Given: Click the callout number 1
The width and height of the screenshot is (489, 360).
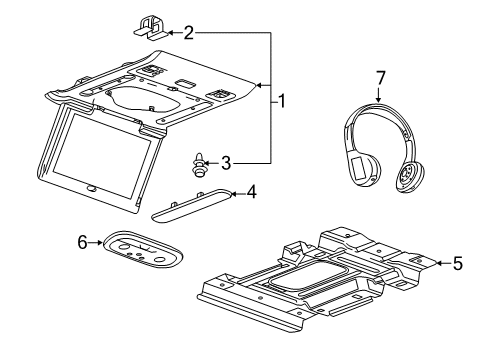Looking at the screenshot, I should (x=282, y=100).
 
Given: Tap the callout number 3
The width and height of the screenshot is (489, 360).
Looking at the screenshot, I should (x=226, y=161).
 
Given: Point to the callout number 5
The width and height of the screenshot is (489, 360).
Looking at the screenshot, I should (x=457, y=264).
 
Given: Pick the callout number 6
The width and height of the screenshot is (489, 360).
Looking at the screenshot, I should (x=83, y=241).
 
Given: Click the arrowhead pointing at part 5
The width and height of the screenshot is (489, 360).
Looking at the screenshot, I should (x=437, y=264).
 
